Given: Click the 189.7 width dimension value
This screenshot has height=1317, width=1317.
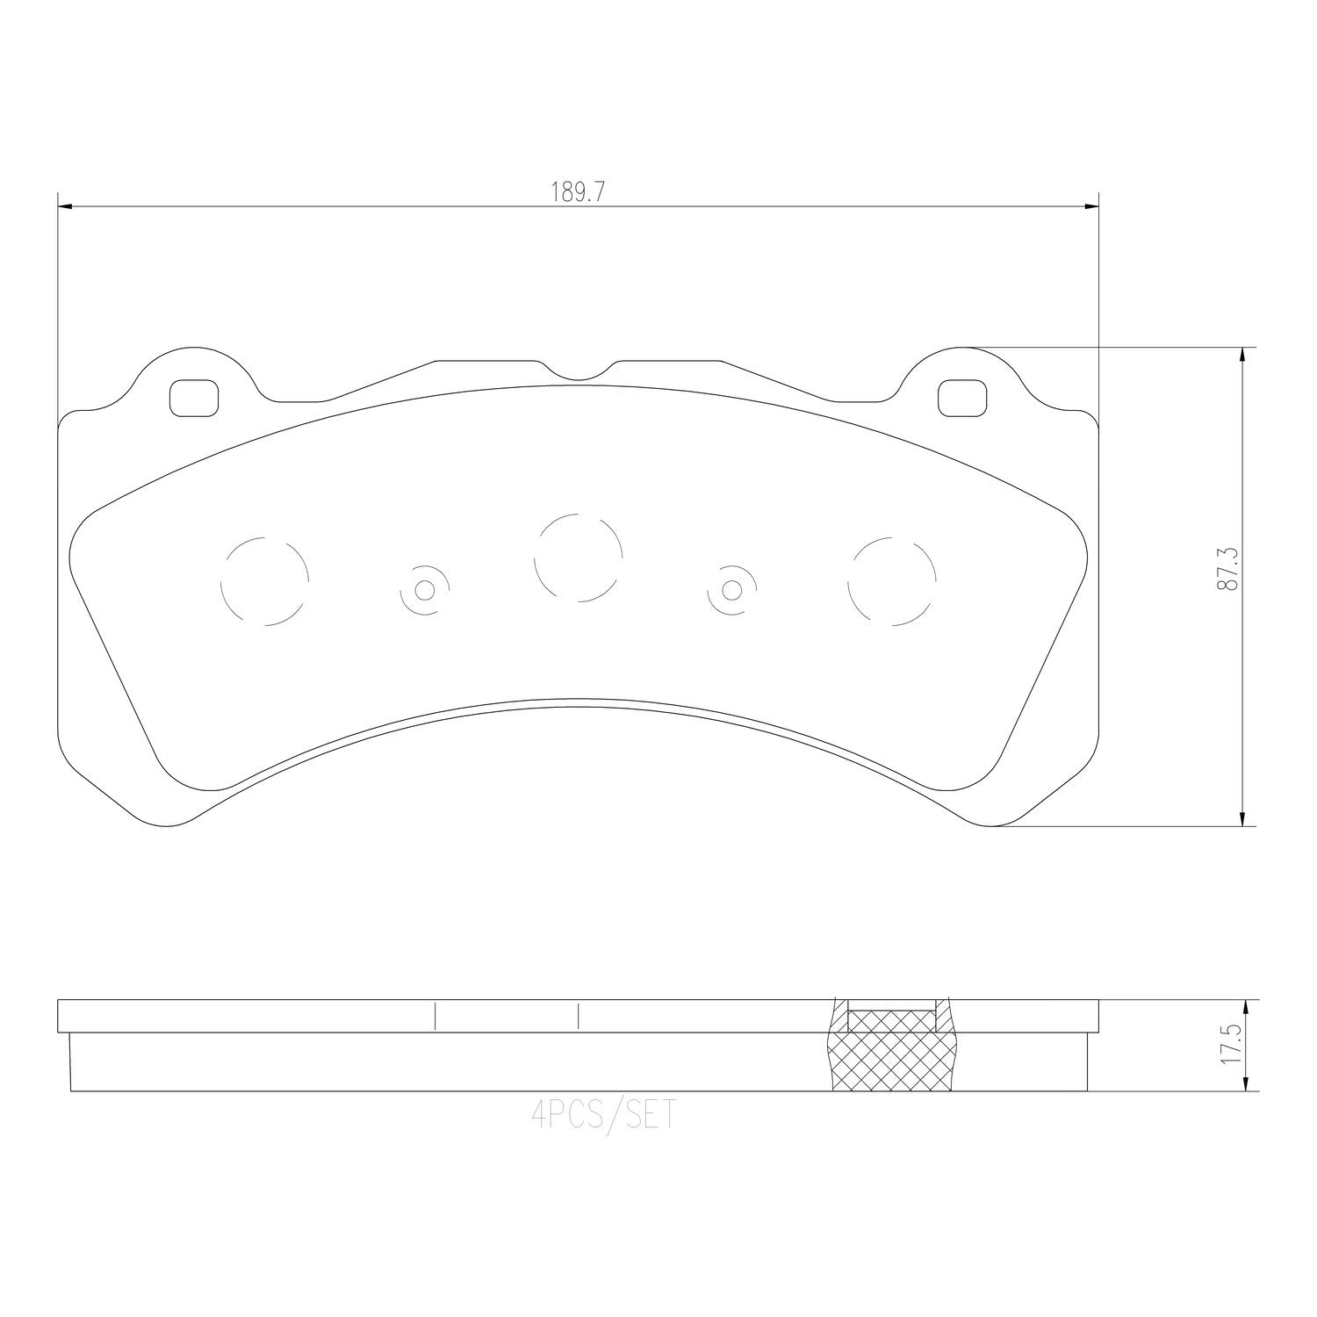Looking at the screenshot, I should tap(577, 192).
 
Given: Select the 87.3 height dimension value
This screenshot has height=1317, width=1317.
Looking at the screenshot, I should tap(1228, 568).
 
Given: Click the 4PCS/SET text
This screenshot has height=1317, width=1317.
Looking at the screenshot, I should tap(604, 1116).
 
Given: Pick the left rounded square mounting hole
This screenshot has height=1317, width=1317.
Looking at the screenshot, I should tap(193, 398).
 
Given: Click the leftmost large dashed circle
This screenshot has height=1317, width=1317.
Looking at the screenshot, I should tap(264, 580).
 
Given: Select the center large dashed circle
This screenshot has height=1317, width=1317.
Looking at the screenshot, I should tap(579, 558).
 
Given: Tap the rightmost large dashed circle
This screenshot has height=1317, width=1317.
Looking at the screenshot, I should tap(891, 581).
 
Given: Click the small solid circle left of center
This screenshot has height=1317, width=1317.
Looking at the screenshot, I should tap(425, 589).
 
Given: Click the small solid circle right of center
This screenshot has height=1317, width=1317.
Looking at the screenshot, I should tap(731, 589).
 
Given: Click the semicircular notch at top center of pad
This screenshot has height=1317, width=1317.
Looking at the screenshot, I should tap(576, 371).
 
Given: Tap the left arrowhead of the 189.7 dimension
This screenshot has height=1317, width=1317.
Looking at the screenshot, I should tap(63, 207).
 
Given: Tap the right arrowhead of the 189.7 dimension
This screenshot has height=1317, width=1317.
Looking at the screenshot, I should tap(1091, 207).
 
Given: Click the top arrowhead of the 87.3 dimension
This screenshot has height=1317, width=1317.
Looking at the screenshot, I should tap(1242, 354).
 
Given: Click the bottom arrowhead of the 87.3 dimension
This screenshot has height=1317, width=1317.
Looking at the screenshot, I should tap(1242, 819).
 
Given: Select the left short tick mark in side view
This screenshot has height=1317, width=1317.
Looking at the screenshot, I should tap(435, 1016).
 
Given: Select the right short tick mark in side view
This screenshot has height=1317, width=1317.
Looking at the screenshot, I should tap(579, 1016).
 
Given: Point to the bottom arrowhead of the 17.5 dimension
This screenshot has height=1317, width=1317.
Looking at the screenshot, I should tap(1242, 1085).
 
